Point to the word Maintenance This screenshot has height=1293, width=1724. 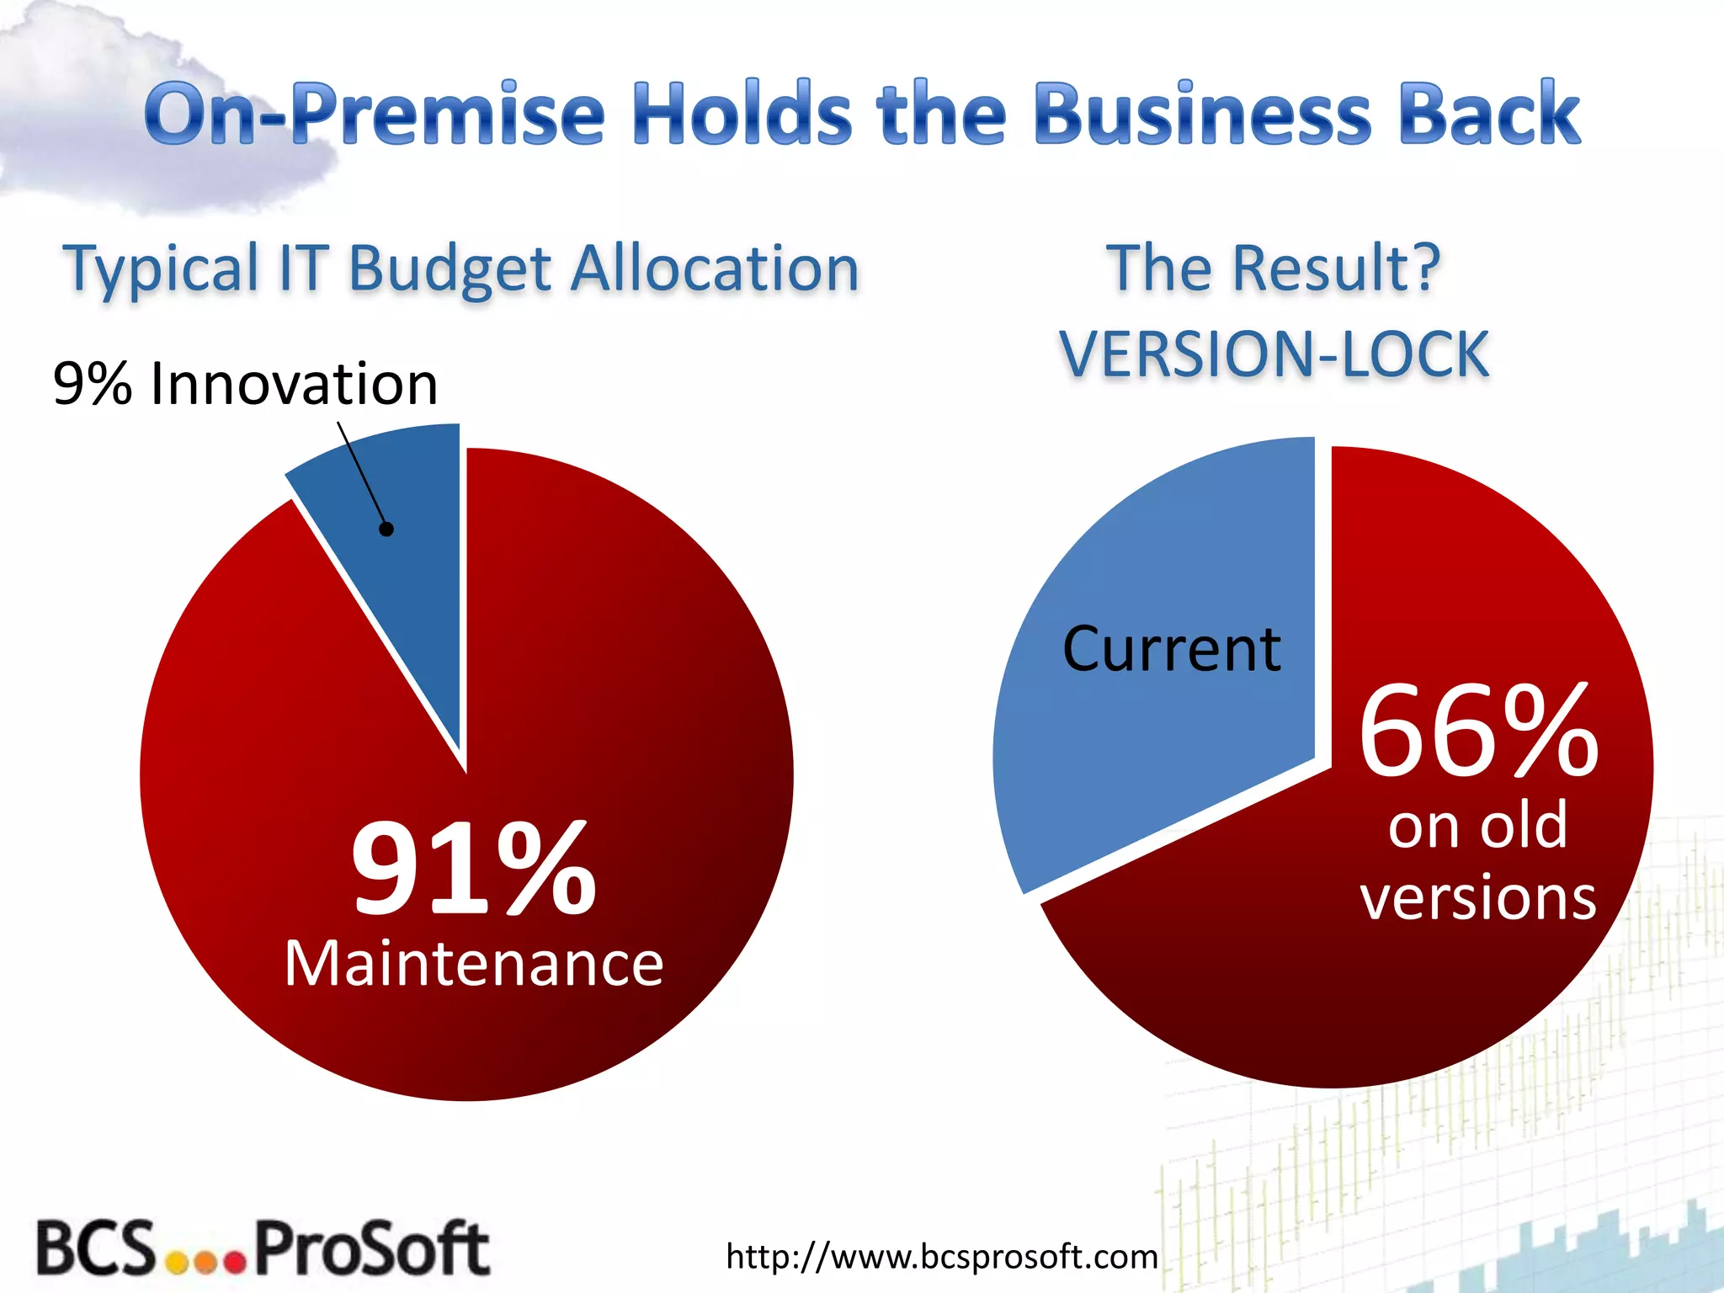(x=474, y=964)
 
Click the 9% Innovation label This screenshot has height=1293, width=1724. (x=245, y=384)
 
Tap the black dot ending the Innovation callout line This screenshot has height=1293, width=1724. (x=386, y=529)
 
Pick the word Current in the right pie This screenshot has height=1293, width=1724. (x=1172, y=650)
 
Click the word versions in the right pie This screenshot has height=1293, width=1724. (x=1478, y=897)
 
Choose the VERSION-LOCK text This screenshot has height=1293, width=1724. (x=1274, y=354)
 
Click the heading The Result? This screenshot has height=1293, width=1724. (x=1273, y=268)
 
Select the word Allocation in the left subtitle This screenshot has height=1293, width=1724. (x=715, y=269)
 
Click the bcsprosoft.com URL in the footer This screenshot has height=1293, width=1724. (x=942, y=1257)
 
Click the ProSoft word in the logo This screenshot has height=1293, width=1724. (x=371, y=1248)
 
